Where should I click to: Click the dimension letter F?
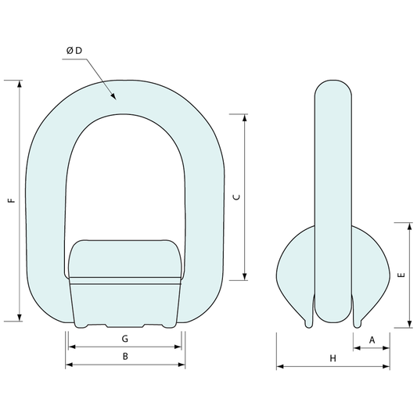click(11, 200)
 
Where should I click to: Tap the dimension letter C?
click(236, 197)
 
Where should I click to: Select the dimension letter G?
click(125, 339)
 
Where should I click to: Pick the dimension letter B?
click(125, 356)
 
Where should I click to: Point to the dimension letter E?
click(401, 275)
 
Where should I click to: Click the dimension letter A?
click(372, 340)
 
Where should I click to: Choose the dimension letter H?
click(333, 358)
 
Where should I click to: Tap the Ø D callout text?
click(74, 51)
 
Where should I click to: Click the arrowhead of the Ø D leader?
click(113, 96)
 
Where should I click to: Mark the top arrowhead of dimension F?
click(20, 84)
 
